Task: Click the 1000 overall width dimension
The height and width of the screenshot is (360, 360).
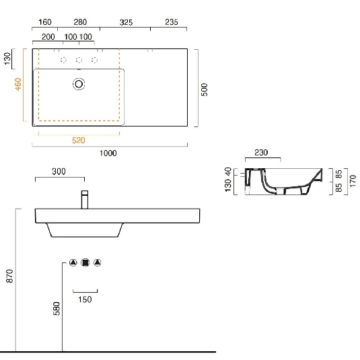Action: click(108, 153)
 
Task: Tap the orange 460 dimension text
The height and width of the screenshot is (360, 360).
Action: click(19, 85)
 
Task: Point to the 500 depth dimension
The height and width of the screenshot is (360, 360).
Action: click(205, 89)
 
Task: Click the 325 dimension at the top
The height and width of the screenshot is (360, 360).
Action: click(125, 22)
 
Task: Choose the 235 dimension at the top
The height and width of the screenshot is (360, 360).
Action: click(171, 22)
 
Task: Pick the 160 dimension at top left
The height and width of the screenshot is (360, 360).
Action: click(45, 22)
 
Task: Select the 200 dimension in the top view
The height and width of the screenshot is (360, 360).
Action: click(48, 37)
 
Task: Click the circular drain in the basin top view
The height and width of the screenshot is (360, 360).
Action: click(79, 84)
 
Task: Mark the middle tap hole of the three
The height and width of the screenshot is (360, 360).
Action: click(79, 61)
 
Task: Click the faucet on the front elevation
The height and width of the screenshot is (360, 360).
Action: click(85, 200)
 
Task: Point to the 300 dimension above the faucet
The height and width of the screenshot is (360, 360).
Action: click(59, 172)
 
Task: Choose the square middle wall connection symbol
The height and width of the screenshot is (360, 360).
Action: click(85, 263)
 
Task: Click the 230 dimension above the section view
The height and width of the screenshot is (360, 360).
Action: click(261, 153)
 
